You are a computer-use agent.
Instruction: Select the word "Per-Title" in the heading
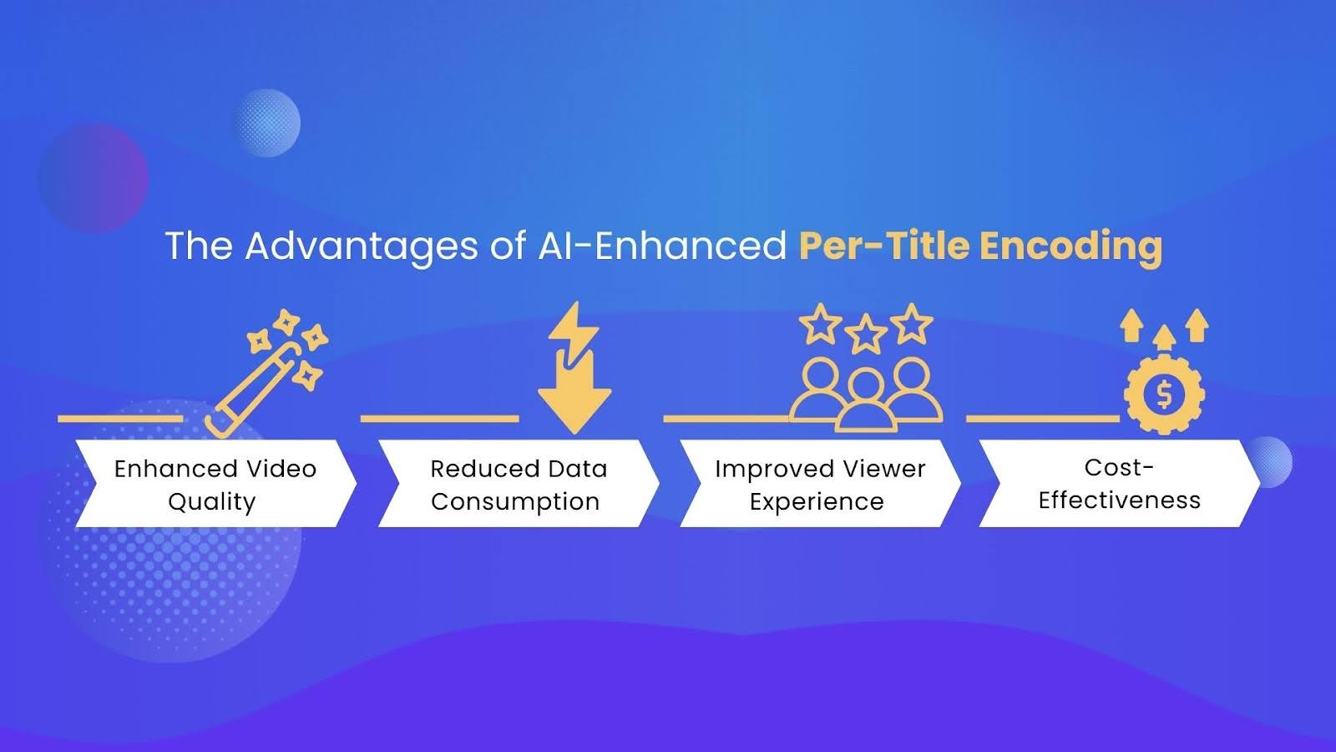coord(883,246)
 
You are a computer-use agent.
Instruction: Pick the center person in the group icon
coord(866,401)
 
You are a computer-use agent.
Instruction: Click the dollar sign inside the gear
coord(1164,393)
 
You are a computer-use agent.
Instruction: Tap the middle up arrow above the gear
coord(1164,337)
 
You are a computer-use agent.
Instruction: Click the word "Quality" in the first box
coord(212,502)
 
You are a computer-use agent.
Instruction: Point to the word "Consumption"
coord(515,501)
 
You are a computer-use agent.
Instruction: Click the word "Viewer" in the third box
coord(883,469)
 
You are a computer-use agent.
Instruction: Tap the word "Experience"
coord(817,501)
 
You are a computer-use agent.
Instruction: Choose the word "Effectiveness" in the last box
coord(1119,500)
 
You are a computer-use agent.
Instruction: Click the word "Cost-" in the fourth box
coord(1119,467)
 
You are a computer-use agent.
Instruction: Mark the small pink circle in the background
coord(93,178)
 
